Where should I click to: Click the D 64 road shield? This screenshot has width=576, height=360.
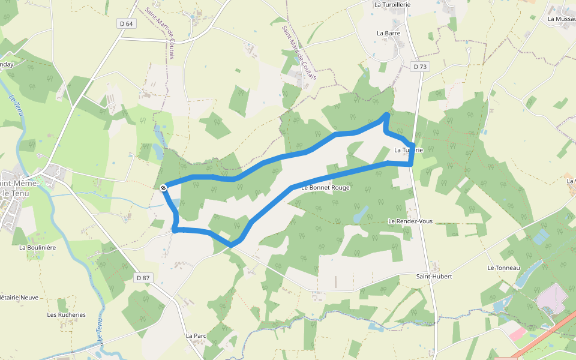tap(126, 23)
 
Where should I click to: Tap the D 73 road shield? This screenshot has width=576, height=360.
tap(420, 67)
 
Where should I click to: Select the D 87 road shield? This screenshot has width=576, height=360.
tap(142, 278)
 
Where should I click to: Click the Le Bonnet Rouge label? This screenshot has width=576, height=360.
tap(325, 188)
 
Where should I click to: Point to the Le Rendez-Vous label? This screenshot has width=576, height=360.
tap(410, 221)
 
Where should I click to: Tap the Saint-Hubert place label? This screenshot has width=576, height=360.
tap(434, 277)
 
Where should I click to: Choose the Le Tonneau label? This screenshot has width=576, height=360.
tap(503, 268)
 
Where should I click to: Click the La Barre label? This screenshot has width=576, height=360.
tap(388, 34)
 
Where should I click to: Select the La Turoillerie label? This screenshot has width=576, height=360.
tap(392, 4)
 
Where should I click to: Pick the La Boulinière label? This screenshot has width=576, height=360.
tap(37, 247)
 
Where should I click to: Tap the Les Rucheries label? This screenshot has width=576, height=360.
tap(67, 315)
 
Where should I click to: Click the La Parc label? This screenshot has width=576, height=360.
tap(196, 336)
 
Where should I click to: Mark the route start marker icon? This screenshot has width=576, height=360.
tap(163, 188)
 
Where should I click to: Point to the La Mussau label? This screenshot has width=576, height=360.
tap(561, 19)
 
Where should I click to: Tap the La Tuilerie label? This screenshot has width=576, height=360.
tap(409, 150)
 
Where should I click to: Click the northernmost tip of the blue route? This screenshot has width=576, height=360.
tap(386, 114)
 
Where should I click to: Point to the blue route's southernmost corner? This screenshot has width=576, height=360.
tap(232, 245)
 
